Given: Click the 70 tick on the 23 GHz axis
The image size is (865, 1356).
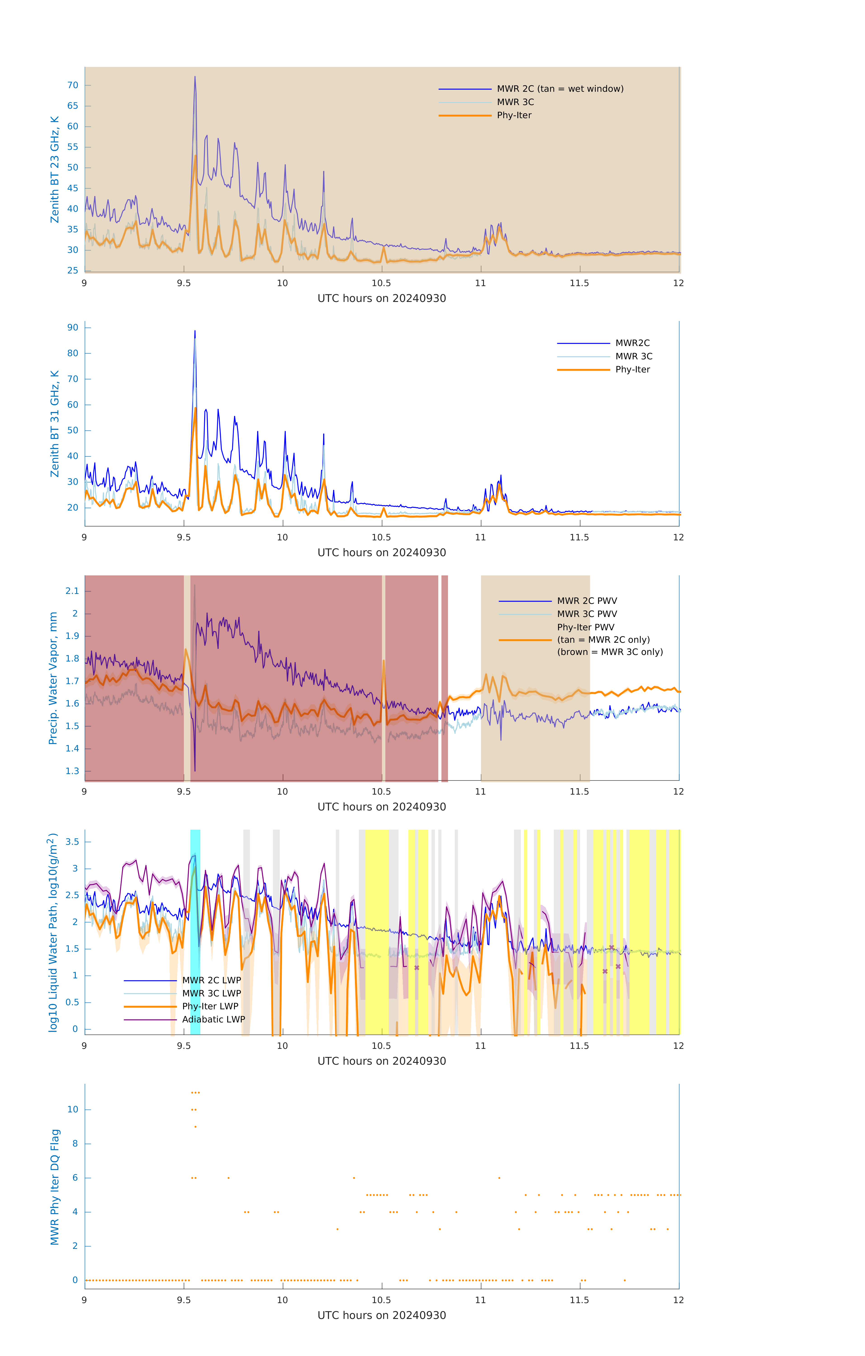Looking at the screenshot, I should [73, 86].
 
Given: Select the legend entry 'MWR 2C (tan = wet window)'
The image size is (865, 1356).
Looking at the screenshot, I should [559, 89].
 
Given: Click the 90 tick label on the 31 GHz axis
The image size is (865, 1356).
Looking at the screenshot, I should [73, 328].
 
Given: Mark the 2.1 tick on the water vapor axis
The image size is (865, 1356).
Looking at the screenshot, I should [72, 591].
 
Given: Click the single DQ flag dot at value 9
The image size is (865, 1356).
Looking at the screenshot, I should [196, 1127].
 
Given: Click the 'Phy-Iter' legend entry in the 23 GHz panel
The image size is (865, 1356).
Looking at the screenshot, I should [514, 115].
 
